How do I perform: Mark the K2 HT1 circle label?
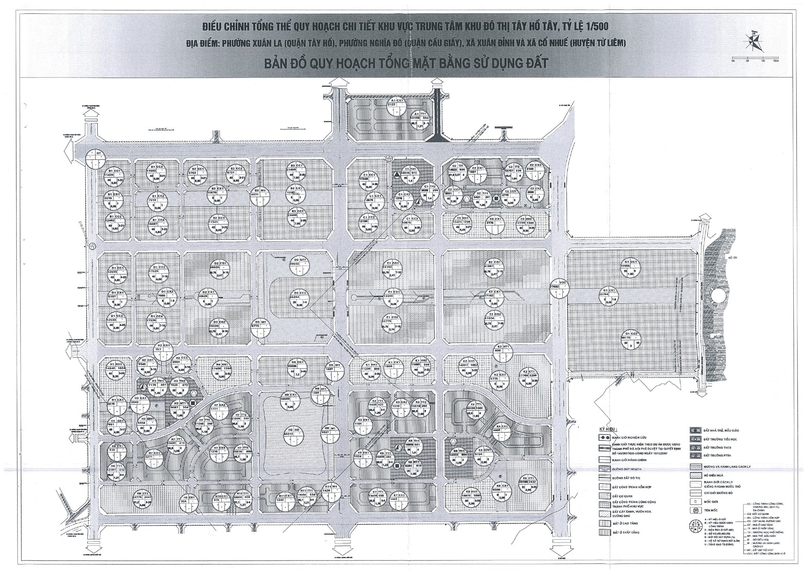click(503, 352)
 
